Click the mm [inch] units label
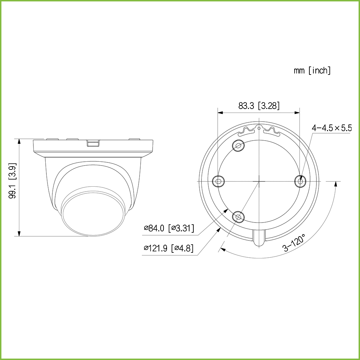pyautogui.click(x=312, y=70)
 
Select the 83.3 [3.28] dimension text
pyautogui.click(x=259, y=106)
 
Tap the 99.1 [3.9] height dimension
pyautogui.click(x=13, y=181)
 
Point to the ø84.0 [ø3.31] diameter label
pyautogui.click(x=169, y=228)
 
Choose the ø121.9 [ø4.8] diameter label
pyautogui.click(x=168, y=248)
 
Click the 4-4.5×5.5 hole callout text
pyautogui.click(x=332, y=128)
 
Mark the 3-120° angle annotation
pyautogui.click(x=294, y=243)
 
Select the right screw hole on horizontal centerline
pyautogui.click(x=300, y=181)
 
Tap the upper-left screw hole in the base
pyautogui.click(x=238, y=145)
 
